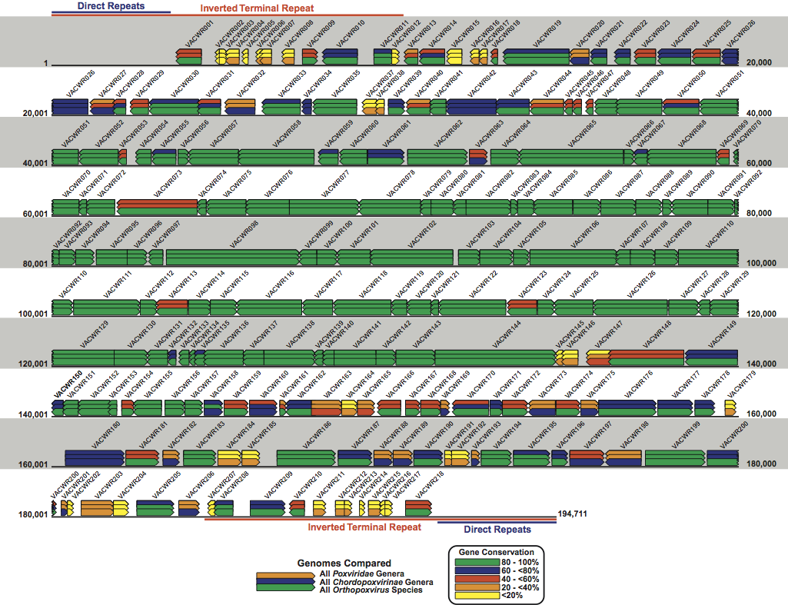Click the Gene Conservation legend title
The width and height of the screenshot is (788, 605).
click(x=496, y=552)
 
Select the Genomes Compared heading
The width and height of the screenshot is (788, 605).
click(x=359, y=563)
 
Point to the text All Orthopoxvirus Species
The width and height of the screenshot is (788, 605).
click(x=376, y=590)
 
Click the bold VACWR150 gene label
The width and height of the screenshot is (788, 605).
click(x=68, y=375)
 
